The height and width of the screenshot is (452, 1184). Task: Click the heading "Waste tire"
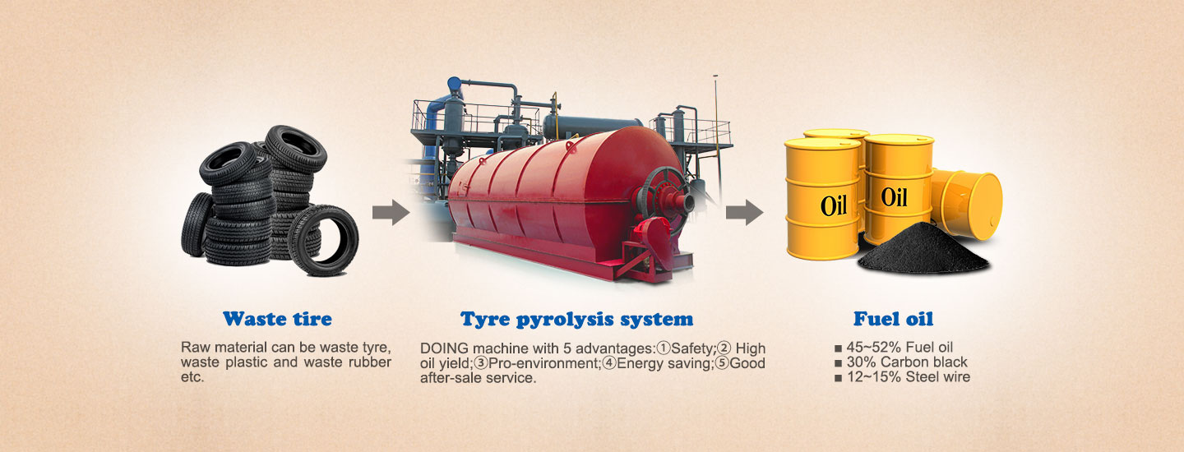pos(278,319)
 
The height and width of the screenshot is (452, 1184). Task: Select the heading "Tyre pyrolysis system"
pos(576,320)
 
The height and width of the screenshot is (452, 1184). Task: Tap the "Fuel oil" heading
pos(893,319)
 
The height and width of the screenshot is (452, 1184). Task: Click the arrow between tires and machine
pos(391,212)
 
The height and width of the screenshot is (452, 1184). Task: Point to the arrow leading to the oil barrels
pos(744,212)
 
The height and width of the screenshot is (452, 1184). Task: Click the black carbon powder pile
pos(923,251)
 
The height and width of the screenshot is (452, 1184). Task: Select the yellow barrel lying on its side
pos(967,203)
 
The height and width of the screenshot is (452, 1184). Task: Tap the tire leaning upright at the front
pos(323,240)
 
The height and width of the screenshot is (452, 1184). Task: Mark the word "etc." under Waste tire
pos(192,377)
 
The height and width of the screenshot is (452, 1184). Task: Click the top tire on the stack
pos(295,149)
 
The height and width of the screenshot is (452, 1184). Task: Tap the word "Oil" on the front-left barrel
pos(834,205)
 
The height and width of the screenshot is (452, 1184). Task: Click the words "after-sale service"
pos(478,378)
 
